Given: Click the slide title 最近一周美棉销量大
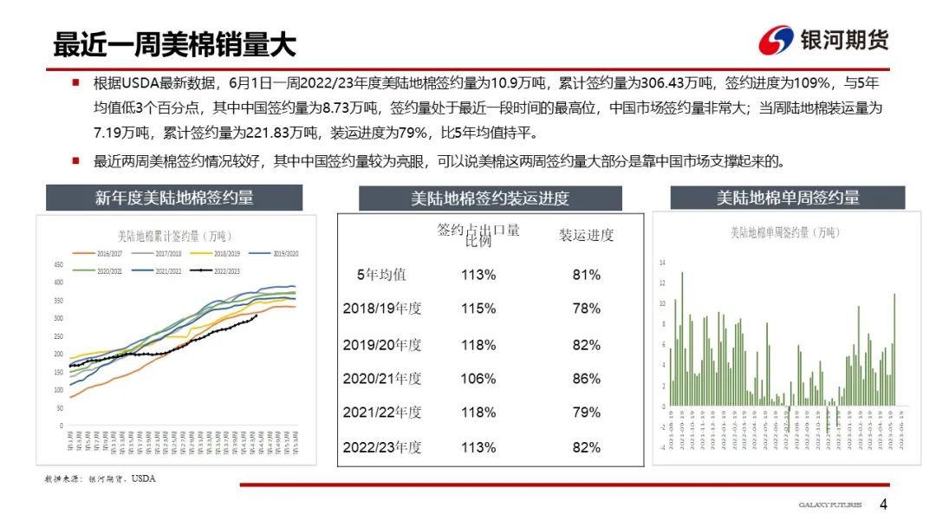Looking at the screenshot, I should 174,44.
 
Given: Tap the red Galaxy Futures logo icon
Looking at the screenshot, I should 776,41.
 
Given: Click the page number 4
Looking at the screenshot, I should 883,504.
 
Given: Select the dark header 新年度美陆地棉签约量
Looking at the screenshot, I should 174,198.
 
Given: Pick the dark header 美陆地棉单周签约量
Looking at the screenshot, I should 787,198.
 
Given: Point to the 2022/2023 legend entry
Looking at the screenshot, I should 218,270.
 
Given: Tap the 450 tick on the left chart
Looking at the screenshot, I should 59,264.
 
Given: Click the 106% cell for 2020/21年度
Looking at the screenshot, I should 478,379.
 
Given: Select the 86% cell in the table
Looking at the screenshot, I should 586,379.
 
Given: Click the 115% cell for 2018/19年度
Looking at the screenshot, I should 478,309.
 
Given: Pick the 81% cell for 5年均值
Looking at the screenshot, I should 586,275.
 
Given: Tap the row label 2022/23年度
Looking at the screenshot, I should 382,447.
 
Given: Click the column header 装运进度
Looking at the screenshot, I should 586,235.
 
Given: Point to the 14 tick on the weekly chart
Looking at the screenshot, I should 662,262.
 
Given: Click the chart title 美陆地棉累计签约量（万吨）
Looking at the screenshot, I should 174,235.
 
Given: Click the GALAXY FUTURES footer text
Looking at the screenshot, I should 831,505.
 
